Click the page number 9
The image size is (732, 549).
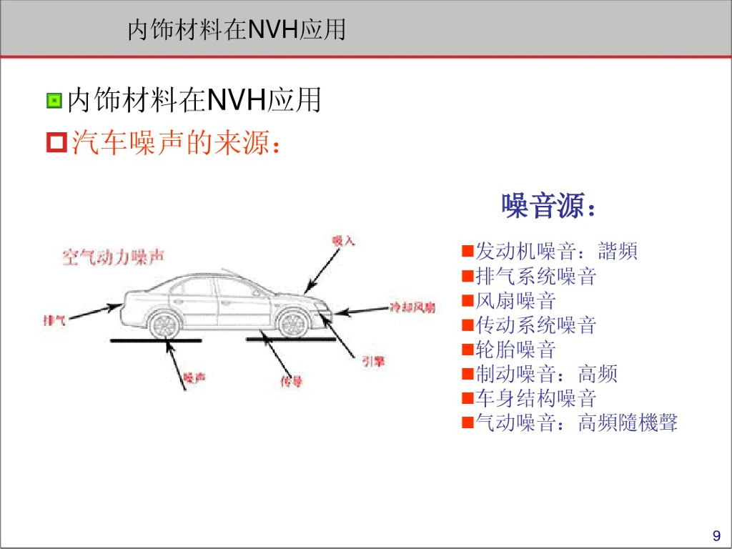point(716,536)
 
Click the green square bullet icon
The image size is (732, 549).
point(54,101)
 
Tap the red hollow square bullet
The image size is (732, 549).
point(55,143)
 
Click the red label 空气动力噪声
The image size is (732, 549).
point(113,257)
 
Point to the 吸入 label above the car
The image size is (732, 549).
point(343,241)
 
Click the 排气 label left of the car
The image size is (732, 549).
point(54,320)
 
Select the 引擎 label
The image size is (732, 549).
point(373,362)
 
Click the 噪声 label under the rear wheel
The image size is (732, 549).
point(194,378)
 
